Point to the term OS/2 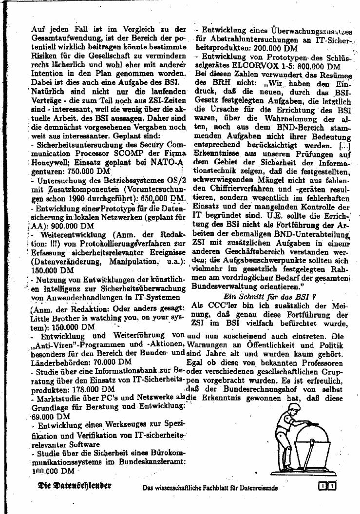[x=173, y=181]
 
